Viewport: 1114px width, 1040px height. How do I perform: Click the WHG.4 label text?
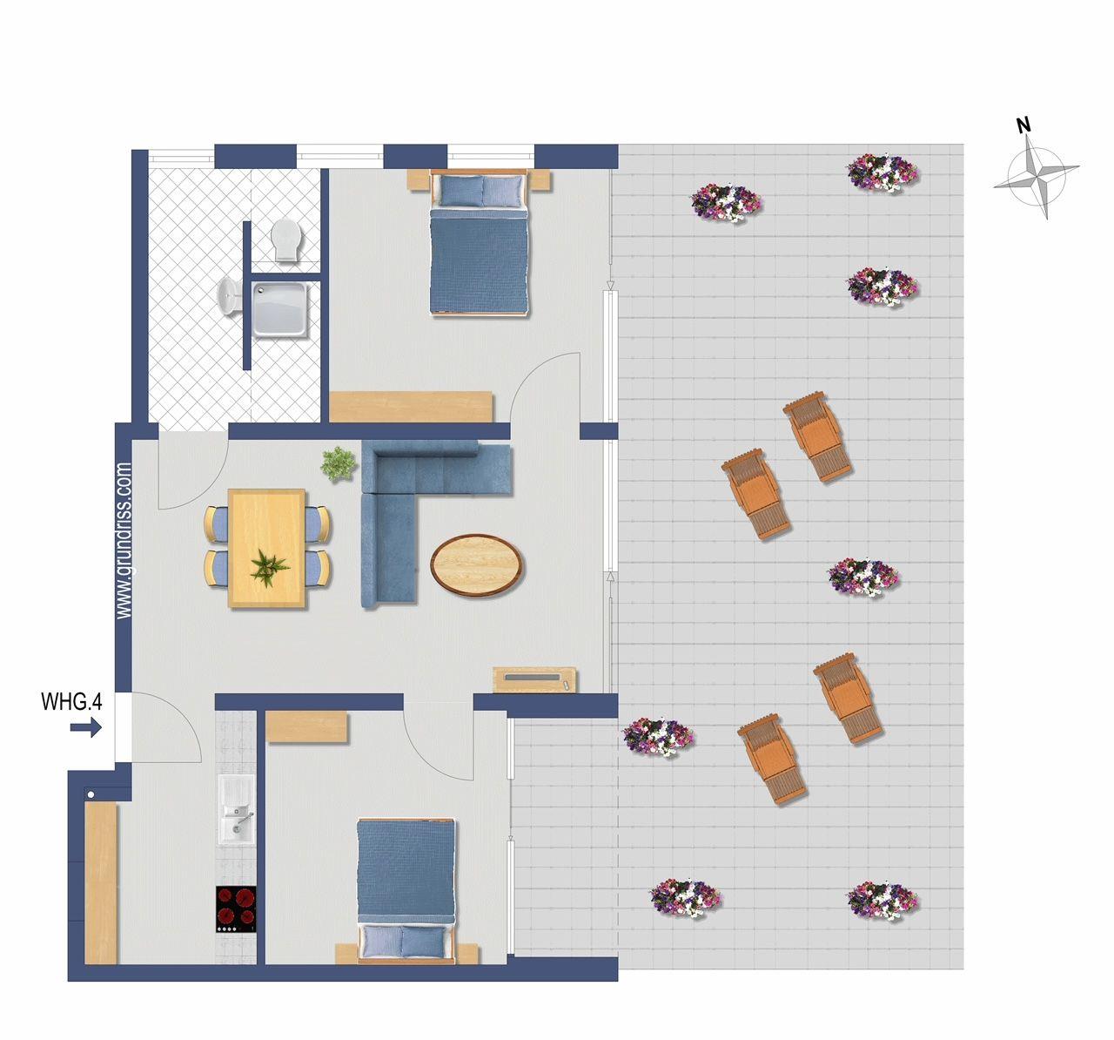(71, 702)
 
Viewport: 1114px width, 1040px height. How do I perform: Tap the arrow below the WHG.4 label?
(86, 728)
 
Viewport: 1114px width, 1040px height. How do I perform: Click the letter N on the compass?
(1024, 125)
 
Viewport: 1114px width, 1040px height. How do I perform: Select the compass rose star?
(1037, 176)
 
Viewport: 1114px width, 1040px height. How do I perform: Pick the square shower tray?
(280, 311)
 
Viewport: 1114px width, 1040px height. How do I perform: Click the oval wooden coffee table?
(476, 564)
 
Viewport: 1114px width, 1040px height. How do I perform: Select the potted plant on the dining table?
(270, 568)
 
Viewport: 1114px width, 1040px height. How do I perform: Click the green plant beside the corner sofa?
(339, 464)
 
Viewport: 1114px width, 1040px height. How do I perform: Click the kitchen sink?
(236, 809)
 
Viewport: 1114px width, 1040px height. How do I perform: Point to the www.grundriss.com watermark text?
(124, 540)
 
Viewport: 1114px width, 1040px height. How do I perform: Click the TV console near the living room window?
(534, 679)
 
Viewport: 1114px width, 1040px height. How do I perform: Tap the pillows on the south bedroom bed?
(403, 942)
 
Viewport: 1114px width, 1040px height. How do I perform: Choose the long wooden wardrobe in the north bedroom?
(411, 407)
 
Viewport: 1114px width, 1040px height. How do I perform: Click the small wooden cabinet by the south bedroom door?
(306, 727)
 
